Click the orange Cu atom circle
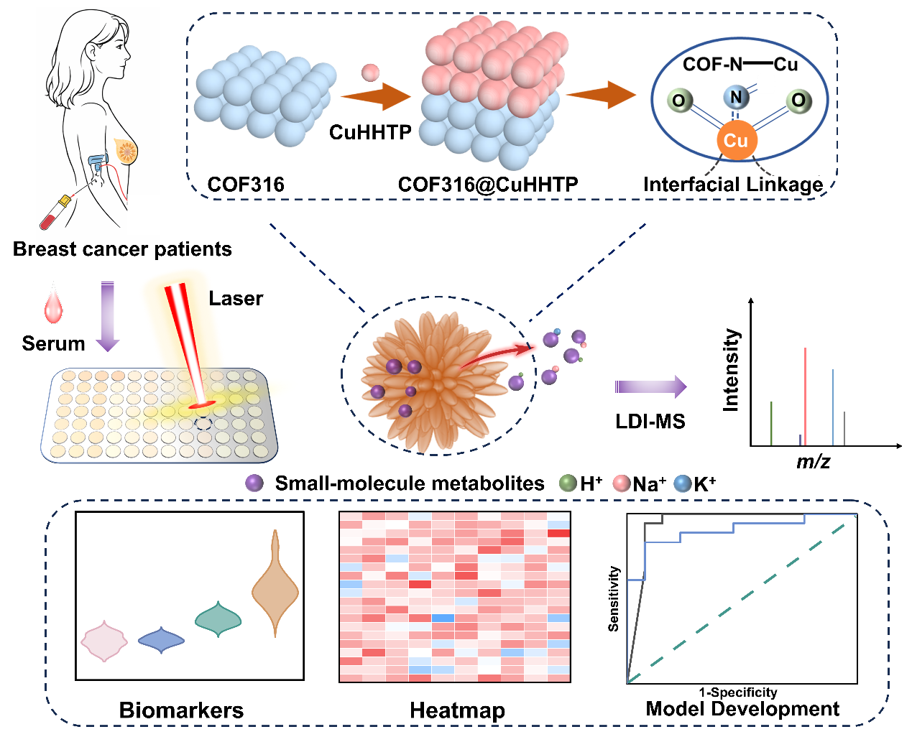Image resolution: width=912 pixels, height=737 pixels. [x=737, y=140]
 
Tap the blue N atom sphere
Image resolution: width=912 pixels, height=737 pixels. [x=736, y=97]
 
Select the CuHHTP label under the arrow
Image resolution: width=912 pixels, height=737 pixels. [x=370, y=132]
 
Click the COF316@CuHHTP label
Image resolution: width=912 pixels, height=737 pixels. [x=488, y=185]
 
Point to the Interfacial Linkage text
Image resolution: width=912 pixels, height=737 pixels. [x=733, y=185]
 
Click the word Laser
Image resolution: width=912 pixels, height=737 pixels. [x=236, y=299]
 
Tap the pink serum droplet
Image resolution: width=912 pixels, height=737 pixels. [x=53, y=303]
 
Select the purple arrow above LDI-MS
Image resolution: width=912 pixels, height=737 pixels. [x=651, y=386]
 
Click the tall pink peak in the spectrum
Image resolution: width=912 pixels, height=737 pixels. [x=805, y=397]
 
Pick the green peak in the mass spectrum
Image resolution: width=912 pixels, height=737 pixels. [x=771, y=424]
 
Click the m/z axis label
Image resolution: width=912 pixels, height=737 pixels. [x=813, y=462]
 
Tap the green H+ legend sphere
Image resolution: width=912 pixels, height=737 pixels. [x=568, y=483]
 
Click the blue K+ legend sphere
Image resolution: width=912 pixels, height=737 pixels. [x=683, y=483]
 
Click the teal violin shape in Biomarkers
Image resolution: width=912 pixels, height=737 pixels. [x=218, y=619]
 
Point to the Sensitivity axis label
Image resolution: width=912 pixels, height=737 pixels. [x=614, y=598]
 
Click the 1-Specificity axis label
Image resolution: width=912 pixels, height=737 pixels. [x=738, y=692]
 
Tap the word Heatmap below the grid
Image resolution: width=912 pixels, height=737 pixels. [x=457, y=711]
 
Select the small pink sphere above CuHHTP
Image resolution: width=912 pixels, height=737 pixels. [x=370, y=73]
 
